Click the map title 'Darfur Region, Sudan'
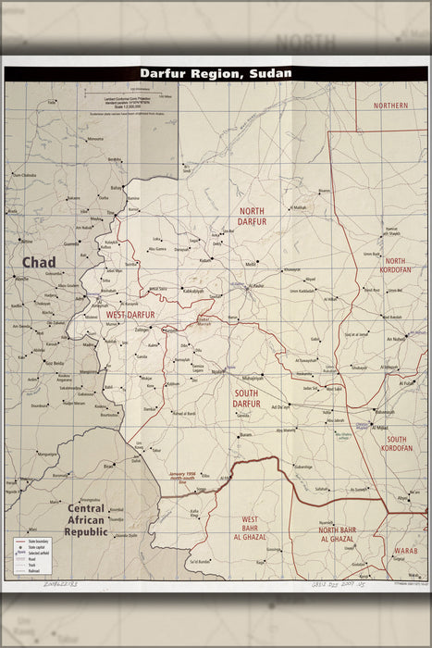point(216,72)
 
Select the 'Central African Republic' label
point(86,520)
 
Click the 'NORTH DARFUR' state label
point(252,217)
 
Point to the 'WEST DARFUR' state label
point(130,315)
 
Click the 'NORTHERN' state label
point(390,106)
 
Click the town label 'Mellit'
point(251,264)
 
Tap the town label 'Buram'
point(245,435)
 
